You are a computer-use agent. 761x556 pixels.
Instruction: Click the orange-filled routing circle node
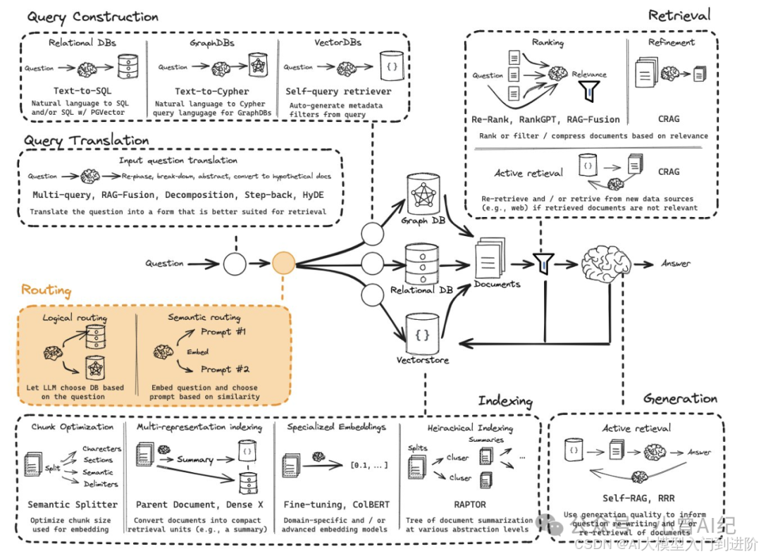pos(283,264)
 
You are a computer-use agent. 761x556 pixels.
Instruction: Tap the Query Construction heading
pos(92,16)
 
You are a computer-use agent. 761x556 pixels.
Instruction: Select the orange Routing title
pos(46,290)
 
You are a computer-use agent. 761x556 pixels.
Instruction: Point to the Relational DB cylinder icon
pos(422,264)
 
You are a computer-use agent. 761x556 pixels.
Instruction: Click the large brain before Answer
pos(605,263)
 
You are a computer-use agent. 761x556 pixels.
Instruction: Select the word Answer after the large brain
pos(676,264)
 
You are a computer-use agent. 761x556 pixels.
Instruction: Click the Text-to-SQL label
pos(83,92)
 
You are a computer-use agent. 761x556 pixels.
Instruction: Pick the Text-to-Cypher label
pos(212,92)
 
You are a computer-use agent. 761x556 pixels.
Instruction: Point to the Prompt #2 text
pos(225,369)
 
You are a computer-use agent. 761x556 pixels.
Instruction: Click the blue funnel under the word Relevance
pos(590,91)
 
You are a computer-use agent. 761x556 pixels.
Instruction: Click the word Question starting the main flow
pos(164,264)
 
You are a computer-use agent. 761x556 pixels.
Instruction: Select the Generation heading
pos(680,399)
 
